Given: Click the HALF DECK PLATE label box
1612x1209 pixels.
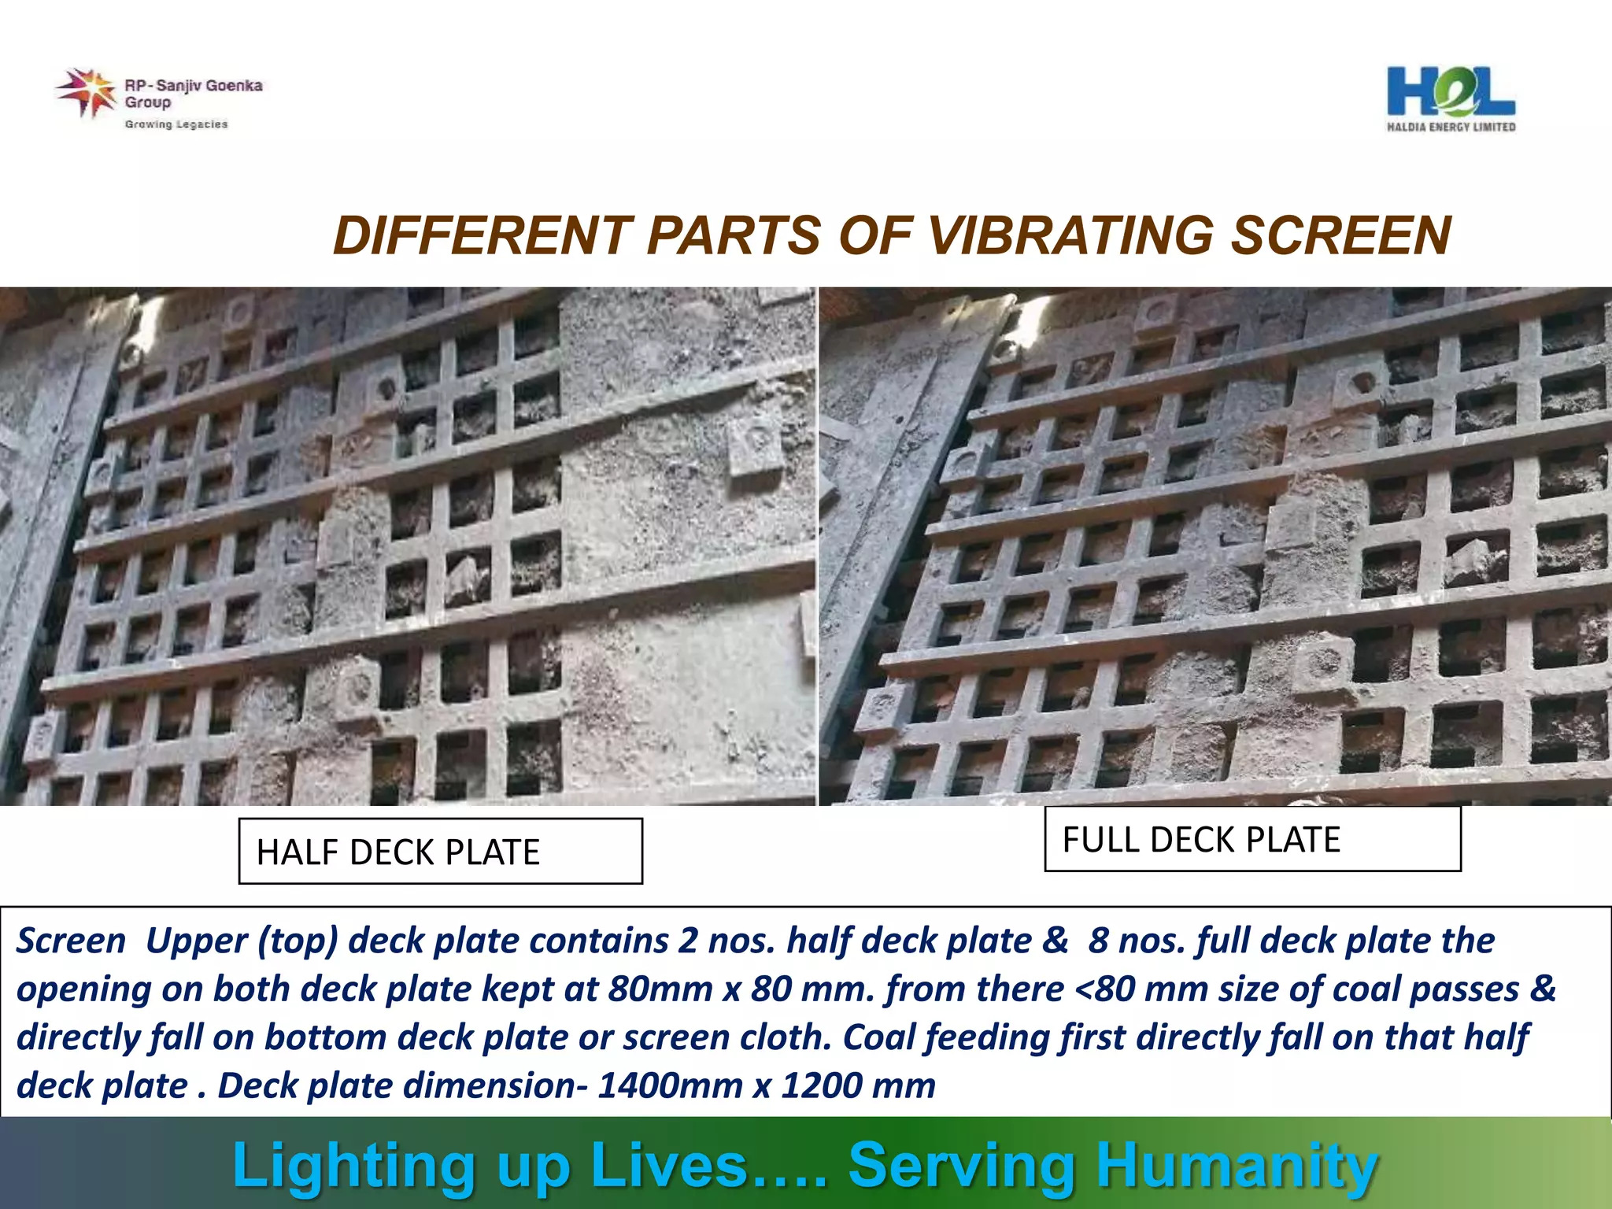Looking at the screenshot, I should pyautogui.click(x=440, y=852).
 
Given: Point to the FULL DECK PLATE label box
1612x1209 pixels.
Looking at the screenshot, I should pyautogui.click(x=1252, y=839).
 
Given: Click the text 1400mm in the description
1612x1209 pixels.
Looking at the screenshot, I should pyautogui.click(x=670, y=1085).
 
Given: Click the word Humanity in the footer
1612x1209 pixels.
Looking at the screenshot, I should pyautogui.click(x=1237, y=1165).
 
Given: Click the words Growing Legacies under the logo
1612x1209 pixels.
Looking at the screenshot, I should pyautogui.click(x=176, y=124).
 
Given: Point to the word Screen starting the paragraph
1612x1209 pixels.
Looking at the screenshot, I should pyautogui.click(x=71, y=941).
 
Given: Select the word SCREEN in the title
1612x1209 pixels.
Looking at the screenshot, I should pyautogui.click(x=1340, y=235).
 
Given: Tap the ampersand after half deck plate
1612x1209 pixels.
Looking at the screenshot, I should pyautogui.click(x=1056, y=941).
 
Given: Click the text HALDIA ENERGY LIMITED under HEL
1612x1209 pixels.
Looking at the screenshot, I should pyautogui.click(x=1451, y=127).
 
